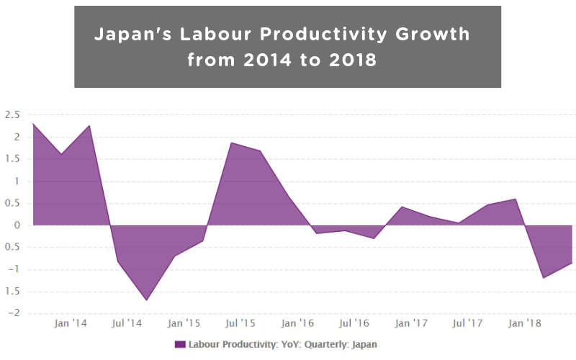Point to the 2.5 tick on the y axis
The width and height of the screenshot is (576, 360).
click(12, 114)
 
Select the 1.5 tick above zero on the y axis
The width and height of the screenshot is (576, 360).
click(12, 159)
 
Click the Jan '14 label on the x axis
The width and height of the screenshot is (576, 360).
click(71, 323)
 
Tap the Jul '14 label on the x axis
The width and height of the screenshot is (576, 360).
click(127, 323)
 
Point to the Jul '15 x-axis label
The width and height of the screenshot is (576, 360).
click(240, 323)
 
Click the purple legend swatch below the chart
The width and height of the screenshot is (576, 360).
click(180, 344)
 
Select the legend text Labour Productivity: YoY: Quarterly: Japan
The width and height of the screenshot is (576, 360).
click(282, 344)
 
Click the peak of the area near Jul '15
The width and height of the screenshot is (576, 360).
click(232, 143)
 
